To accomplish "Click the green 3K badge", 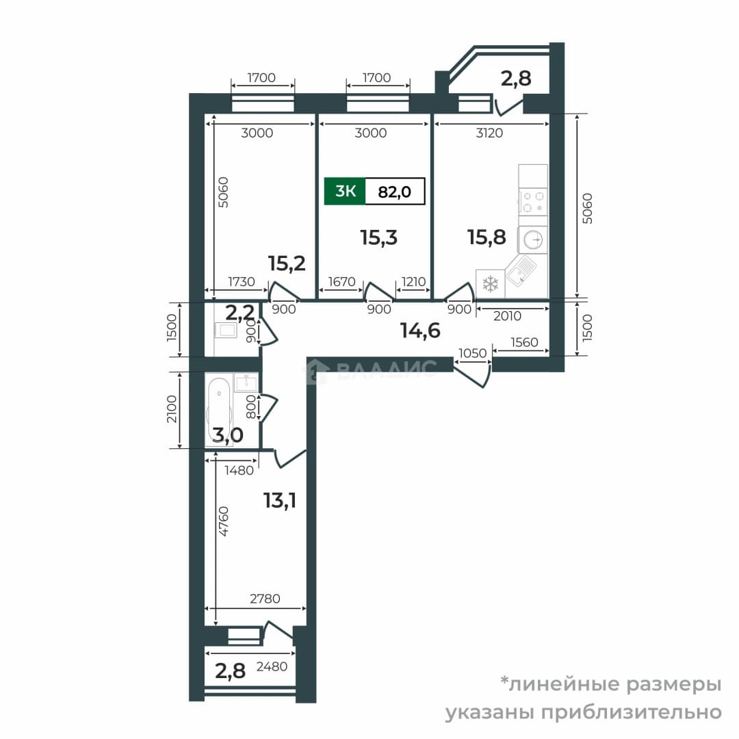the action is pos(344,192).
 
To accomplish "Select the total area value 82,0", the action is pos(395,192).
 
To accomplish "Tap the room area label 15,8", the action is pos(487,237).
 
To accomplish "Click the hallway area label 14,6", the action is pos(420,330).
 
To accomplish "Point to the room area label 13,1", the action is pos(280,500).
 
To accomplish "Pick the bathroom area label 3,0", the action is pos(228,435).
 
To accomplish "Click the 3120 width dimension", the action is pos(489,133).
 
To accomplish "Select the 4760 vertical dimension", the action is pos(224,521).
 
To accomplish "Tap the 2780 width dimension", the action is pos(265,599).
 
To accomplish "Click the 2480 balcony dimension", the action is pos(272,666).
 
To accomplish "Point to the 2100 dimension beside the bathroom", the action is pos(172,409).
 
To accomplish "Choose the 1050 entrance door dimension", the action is pos(472,353).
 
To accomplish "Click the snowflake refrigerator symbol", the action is pos(490,284).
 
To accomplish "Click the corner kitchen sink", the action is pos(520,270).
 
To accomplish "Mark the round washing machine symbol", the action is pos(533,239).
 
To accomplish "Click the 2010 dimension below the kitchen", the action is pos(507,315).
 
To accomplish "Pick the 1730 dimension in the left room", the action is pos(242,282).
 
